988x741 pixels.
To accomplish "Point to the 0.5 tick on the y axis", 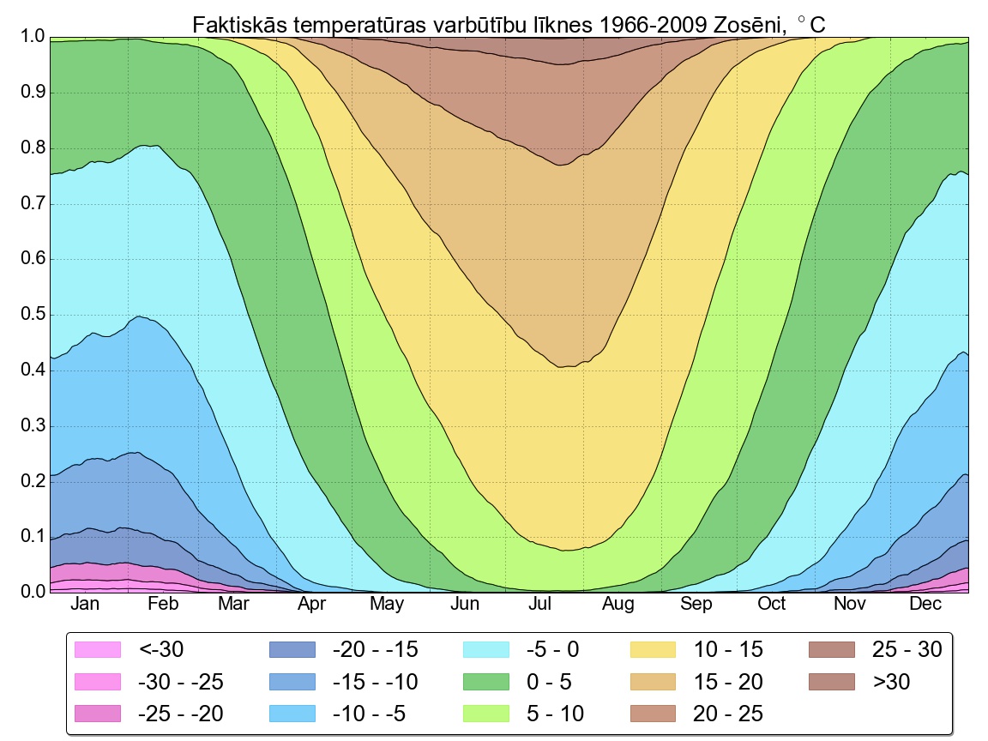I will coord(32,316).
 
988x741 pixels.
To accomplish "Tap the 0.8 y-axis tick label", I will coord(32,148).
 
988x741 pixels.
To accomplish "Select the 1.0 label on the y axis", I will coord(32,38).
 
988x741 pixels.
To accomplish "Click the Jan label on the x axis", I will coord(86,605).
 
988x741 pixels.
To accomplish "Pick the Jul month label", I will coord(540,605).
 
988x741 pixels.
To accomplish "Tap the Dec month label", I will coord(925,605).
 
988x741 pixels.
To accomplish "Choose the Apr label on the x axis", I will coord(312,605).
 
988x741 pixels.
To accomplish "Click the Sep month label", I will coord(696,605).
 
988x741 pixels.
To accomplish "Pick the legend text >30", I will coord(893,682).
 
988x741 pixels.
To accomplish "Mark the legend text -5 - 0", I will coord(552,650).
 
